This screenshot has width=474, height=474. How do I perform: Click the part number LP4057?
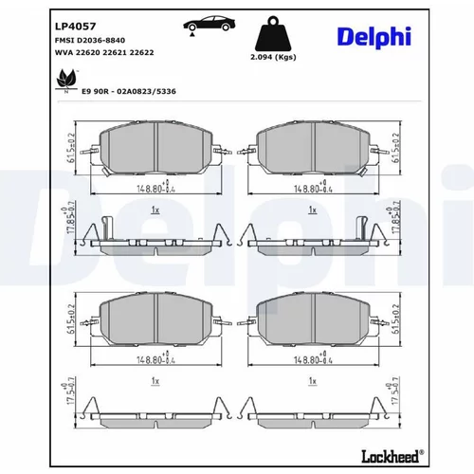click(x=75, y=27)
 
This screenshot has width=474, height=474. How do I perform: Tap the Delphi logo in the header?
click(x=374, y=37)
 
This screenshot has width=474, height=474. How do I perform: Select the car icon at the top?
click(x=210, y=25)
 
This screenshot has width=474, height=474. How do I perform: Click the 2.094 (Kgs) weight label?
click(x=273, y=57)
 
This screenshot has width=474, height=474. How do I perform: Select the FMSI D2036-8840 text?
click(x=90, y=41)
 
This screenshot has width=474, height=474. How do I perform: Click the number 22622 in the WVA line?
click(x=142, y=52)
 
